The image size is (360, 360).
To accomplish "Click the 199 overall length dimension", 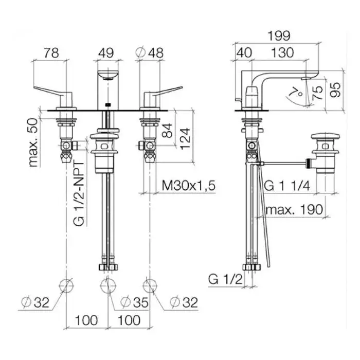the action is pyautogui.click(x=279, y=36).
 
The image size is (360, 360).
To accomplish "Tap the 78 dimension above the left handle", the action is pyautogui.click(x=51, y=53).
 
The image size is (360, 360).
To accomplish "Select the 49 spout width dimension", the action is pyautogui.click(x=106, y=53).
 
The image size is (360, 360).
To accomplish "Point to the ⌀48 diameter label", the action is pyautogui.click(x=150, y=53).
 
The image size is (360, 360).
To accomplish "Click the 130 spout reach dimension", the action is pyautogui.click(x=282, y=53).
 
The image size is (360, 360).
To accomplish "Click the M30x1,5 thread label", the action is pyautogui.click(x=189, y=186).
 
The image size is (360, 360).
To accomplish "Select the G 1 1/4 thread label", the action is pyautogui.click(x=287, y=186).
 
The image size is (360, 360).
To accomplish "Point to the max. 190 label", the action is pyautogui.click(x=294, y=210).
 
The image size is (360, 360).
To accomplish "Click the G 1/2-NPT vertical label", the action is pyautogui.click(x=79, y=193).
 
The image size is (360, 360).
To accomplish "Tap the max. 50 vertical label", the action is pyautogui.click(x=33, y=142).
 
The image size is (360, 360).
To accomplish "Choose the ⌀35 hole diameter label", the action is pyautogui.click(x=135, y=302).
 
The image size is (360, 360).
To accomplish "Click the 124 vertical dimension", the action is pyautogui.click(x=185, y=139).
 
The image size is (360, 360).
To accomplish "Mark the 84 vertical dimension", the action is pyautogui.click(x=167, y=131).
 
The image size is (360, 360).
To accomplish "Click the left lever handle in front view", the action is pyautogui.click(x=53, y=93).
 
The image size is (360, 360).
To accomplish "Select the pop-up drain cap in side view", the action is pyautogui.click(x=326, y=136).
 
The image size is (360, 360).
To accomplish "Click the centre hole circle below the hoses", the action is pyautogui.click(x=108, y=285).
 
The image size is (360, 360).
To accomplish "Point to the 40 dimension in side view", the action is pyautogui.click(x=244, y=53).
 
